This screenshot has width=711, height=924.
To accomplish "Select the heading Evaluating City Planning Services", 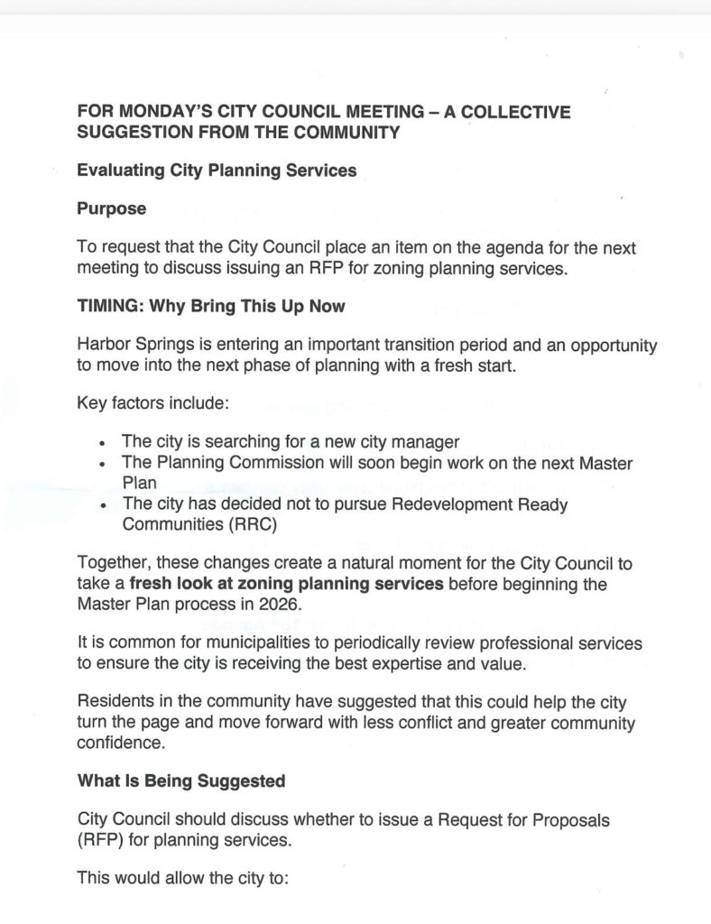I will (217, 170).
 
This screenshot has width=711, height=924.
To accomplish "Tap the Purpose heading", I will (111, 208).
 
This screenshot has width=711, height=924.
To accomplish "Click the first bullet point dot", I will (105, 444).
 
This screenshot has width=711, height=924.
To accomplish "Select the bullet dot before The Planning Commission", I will (105, 465).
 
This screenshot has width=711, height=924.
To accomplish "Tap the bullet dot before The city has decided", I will (105, 506).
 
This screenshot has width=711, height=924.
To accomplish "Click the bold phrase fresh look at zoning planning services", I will (287, 584).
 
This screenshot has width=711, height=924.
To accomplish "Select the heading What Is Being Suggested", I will (181, 781).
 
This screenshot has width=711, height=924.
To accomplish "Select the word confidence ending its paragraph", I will (122, 743).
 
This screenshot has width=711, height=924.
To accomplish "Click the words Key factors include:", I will (153, 403).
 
